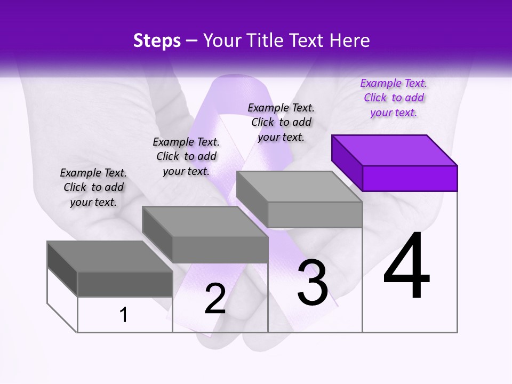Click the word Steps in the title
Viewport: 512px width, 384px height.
(x=157, y=41)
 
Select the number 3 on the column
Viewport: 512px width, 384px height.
(x=313, y=283)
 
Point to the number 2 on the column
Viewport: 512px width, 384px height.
(x=215, y=299)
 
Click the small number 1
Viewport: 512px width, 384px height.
(x=124, y=315)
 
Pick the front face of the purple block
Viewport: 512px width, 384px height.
(x=410, y=178)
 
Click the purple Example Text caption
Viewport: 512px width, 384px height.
(x=394, y=98)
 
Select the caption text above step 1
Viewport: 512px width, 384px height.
(x=93, y=187)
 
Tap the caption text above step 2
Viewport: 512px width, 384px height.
(x=186, y=156)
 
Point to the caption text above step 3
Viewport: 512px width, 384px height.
(x=281, y=122)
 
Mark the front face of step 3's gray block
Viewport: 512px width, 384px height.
(x=315, y=214)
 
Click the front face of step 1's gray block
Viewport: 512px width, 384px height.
(x=125, y=284)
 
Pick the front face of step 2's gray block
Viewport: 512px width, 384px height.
(x=220, y=250)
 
